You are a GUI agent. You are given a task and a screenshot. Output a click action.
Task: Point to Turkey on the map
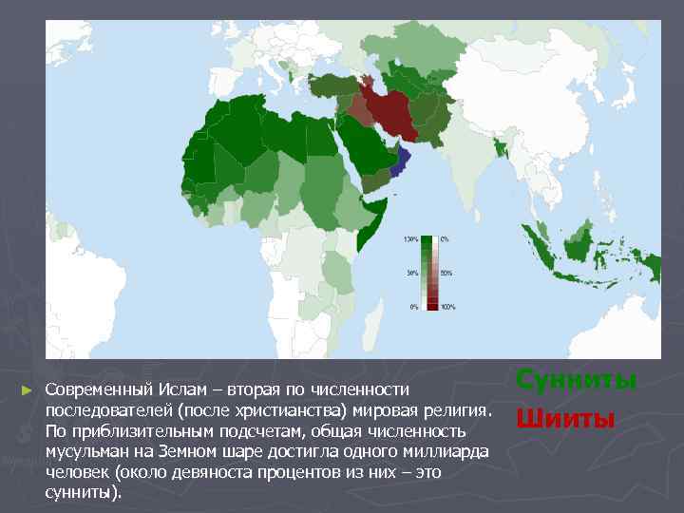tap(332, 85)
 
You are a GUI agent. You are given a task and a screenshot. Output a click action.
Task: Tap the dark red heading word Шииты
tap(564, 418)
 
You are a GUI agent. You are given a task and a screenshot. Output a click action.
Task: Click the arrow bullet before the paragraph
tap(27, 390)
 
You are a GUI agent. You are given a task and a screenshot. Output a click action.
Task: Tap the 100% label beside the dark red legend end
tap(447, 307)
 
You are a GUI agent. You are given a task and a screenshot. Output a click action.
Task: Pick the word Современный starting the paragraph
tap(93, 389)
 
